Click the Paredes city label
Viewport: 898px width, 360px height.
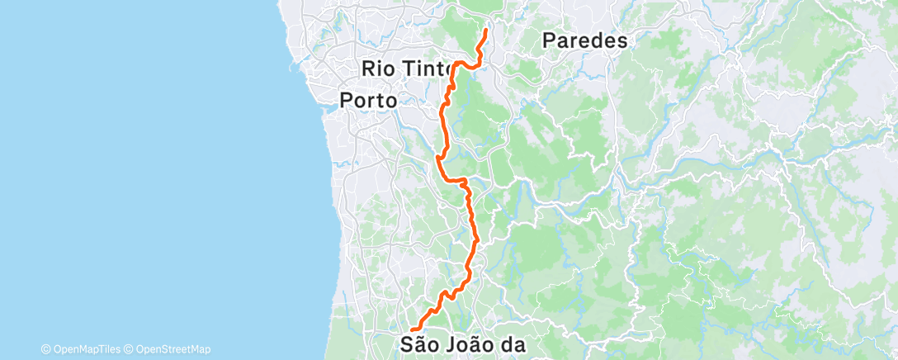586,40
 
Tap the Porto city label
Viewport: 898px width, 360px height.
369,101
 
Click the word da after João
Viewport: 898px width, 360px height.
514,343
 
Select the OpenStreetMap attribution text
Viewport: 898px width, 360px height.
173,349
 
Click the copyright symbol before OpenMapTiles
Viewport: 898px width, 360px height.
46,349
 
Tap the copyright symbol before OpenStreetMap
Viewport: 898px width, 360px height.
130,349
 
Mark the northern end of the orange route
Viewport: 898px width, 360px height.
485,31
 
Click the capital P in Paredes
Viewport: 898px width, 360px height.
550,40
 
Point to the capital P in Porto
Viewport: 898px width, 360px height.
347,101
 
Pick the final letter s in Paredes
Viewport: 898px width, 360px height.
622,40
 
